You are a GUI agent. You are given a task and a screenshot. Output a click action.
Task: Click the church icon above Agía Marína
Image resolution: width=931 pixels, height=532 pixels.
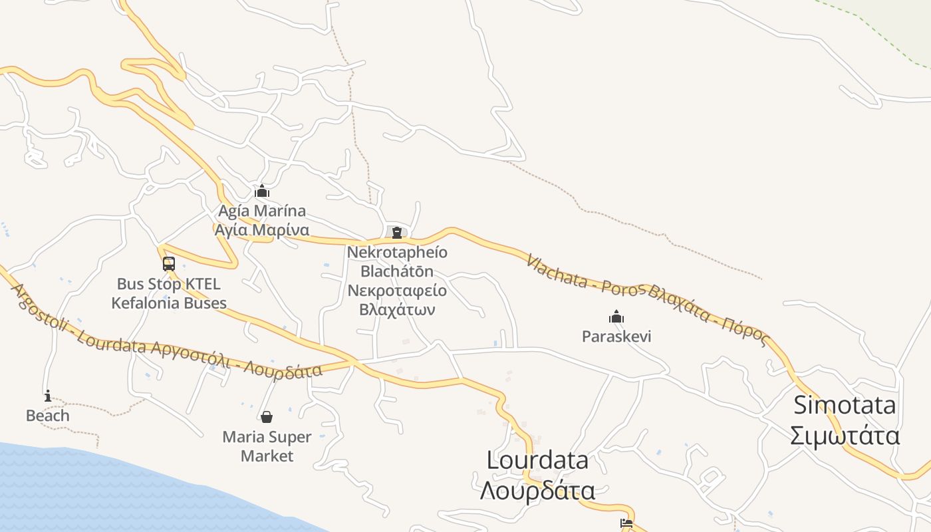coord(262,192)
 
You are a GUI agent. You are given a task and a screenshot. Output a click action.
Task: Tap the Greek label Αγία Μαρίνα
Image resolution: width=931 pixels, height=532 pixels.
coord(261,230)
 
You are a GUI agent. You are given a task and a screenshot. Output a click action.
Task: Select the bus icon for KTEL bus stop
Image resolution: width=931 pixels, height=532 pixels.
coord(169,263)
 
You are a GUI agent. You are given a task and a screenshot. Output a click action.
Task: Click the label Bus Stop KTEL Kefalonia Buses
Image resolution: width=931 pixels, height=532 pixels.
coord(169,293)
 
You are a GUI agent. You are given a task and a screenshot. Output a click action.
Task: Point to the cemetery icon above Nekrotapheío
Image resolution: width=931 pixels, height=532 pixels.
coord(397,232)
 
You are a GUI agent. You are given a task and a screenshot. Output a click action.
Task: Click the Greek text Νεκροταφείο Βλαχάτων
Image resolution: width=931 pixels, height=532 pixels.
coord(397,300)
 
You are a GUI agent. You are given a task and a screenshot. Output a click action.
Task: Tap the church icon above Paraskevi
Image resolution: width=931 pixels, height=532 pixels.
coord(616,317)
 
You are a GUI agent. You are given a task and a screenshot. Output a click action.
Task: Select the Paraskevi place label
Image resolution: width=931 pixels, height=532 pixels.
coord(616,336)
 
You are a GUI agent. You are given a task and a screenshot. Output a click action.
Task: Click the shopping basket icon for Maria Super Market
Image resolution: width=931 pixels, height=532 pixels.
coord(267,417)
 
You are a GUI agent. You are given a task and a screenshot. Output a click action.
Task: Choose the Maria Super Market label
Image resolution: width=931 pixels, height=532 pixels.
coord(267,446)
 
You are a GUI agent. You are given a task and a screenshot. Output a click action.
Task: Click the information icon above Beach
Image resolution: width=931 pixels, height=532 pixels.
coord(47,396)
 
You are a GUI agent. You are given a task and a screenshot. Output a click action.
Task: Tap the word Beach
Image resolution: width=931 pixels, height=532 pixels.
coord(47,416)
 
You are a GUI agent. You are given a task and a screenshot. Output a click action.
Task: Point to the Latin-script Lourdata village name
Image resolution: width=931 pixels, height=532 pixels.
coord(537,460)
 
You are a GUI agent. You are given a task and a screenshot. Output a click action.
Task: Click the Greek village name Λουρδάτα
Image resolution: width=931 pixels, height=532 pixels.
coord(537,491)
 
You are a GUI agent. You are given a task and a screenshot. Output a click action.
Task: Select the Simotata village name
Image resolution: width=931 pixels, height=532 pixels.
coord(845,405)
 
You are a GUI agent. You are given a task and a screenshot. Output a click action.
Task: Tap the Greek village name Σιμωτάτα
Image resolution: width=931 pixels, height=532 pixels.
coord(845,436)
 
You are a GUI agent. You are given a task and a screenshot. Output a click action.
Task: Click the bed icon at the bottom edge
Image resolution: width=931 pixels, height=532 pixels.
coord(626,523)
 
